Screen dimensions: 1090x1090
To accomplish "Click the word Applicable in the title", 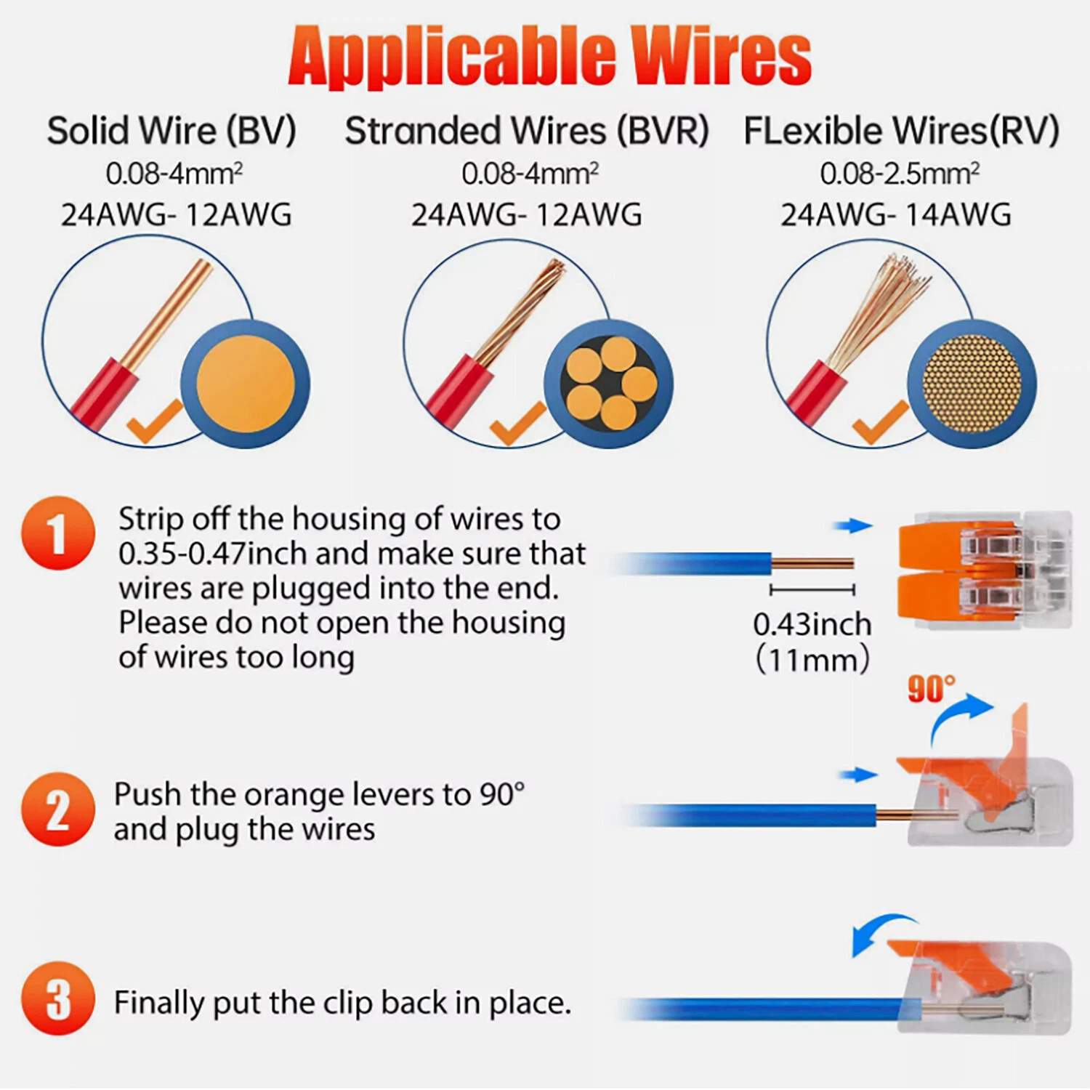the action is (451, 56).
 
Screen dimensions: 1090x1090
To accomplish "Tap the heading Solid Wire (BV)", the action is (171, 132).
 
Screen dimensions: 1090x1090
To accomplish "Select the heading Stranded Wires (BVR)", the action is (527, 132).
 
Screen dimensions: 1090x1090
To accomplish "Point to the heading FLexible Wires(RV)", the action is (901, 132).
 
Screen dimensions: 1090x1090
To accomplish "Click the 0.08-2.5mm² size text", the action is (900, 174).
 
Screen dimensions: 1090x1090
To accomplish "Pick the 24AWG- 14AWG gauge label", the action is (896, 215).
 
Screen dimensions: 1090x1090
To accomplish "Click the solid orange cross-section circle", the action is (246, 384).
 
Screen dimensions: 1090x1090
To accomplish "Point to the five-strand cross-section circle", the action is (609, 384).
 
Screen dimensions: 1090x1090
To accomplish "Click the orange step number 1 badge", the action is (58, 533).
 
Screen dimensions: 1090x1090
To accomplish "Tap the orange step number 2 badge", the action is (58, 809).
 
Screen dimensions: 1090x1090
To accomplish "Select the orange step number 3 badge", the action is (58, 998).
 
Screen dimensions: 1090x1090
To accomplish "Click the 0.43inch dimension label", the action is (812, 624).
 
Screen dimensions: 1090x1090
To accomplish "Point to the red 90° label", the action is (932, 688).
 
